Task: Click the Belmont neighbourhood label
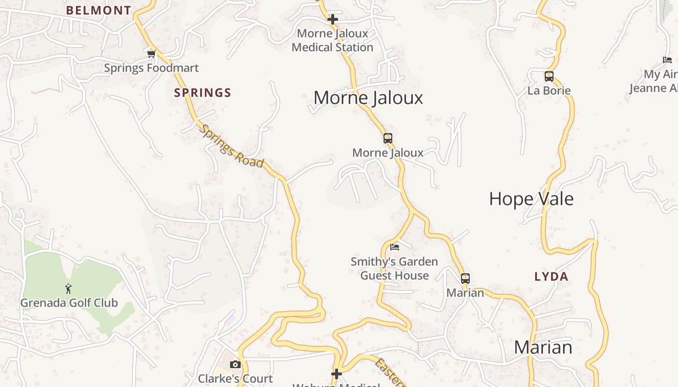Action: (x=98, y=10)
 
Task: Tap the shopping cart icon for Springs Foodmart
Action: (x=152, y=54)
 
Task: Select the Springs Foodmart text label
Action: (x=151, y=68)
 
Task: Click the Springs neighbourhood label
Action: (x=202, y=93)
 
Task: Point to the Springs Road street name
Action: (x=232, y=146)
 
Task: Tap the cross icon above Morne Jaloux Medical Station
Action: (x=333, y=20)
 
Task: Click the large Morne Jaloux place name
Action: (x=368, y=98)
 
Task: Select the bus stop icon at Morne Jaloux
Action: (x=387, y=138)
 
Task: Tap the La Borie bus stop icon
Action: (x=549, y=76)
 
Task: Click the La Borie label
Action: (x=549, y=90)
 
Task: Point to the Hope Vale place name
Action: (x=531, y=199)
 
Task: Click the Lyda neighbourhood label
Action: (x=551, y=277)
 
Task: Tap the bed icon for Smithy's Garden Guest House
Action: (x=395, y=247)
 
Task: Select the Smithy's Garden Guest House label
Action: (x=394, y=268)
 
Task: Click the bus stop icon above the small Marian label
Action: (x=465, y=279)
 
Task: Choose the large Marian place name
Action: (x=542, y=347)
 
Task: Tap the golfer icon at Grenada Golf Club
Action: (x=68, y=289)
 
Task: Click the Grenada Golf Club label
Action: (x=69, y=303)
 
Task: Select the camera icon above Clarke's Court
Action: (x=235, y=364)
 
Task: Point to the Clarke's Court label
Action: (x=235, y=378)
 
